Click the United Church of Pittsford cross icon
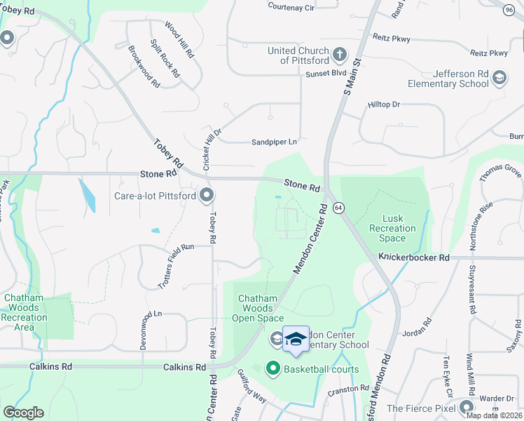click(339, 54)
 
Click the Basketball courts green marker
click(273, 368)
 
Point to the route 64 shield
click(338, 208)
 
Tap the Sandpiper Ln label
click(275, 142)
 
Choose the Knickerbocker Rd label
click(414, 258)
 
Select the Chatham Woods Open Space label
click(259, 308)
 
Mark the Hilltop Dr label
click(383, 105)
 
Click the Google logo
click(24, 413)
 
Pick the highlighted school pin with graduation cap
click(296, 338)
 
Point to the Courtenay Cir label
click(291, 6)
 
